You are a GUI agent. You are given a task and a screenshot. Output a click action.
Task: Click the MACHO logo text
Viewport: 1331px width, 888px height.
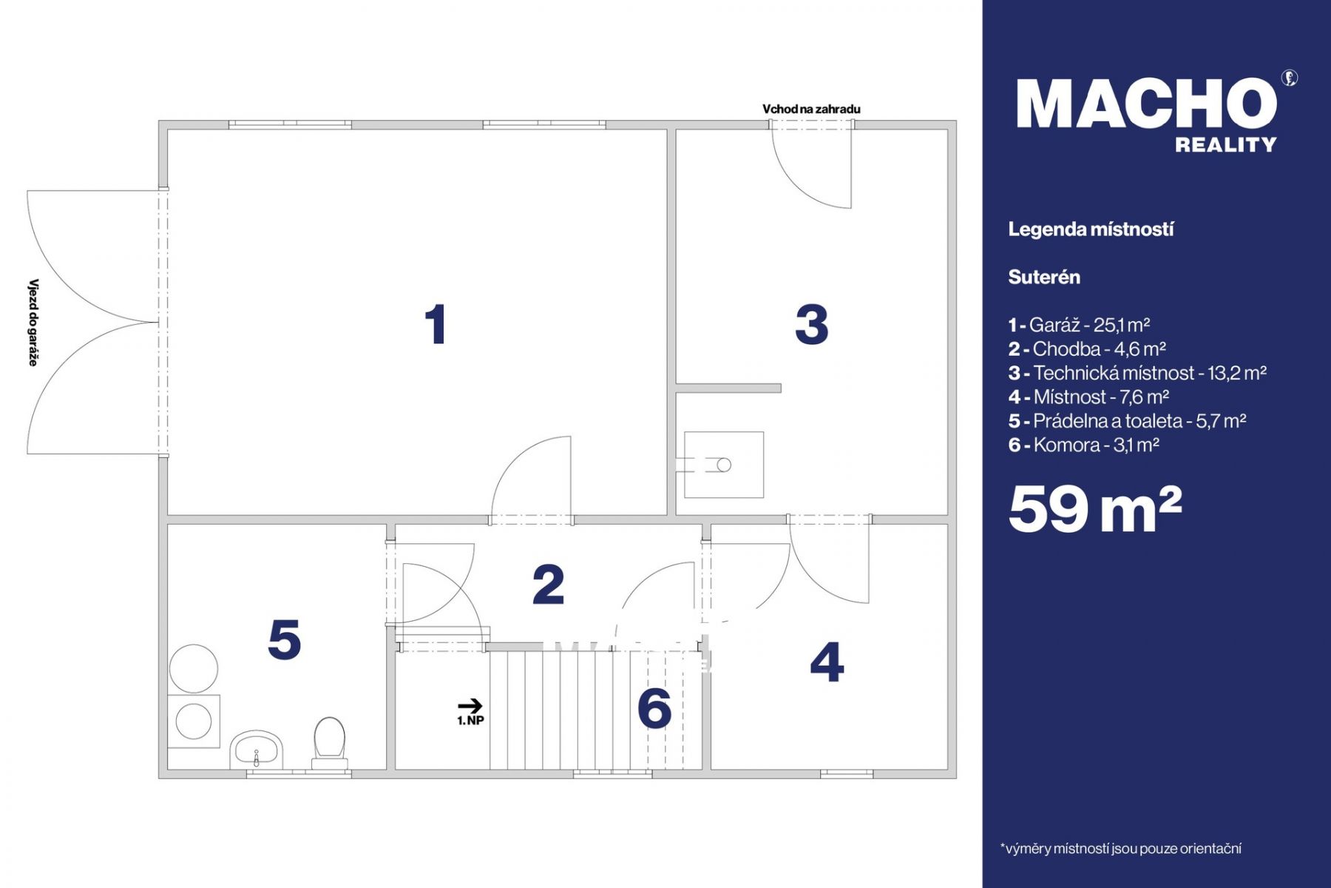coord(1147,104)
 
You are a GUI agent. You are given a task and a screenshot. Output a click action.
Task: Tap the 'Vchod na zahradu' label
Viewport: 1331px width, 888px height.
coord(811,109)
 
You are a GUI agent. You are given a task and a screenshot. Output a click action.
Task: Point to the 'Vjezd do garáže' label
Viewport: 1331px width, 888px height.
coord(33,322)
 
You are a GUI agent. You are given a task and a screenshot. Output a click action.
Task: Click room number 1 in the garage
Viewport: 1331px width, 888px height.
coord(436,324)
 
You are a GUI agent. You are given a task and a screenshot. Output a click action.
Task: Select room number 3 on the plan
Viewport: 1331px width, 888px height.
coord(811,324)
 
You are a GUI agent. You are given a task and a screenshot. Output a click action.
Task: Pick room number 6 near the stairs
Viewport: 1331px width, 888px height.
coord(654,708)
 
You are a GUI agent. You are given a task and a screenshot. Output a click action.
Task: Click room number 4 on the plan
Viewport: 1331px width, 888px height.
coord(827,662)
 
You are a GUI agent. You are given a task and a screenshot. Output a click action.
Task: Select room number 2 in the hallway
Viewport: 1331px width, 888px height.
coord(549,585)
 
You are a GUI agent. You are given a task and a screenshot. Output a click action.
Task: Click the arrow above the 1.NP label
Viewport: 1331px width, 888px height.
coord(470,706)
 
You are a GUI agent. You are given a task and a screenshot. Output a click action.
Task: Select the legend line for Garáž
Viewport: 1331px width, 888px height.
coord(1079,325)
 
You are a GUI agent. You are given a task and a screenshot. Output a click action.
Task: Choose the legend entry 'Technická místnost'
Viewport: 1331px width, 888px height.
coord(1137,373)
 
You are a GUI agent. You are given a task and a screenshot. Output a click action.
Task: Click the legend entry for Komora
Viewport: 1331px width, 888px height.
coord(1083,445)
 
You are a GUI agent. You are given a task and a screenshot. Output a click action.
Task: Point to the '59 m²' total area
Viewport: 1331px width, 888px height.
coord(1095,509)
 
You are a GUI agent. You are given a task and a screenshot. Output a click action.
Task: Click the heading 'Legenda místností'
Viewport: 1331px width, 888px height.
coord(1091,229)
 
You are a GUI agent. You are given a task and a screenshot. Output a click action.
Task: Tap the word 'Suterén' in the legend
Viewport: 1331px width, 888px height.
coord(1044,277)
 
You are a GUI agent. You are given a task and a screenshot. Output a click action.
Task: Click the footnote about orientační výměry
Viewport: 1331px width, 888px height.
coord(1120,849)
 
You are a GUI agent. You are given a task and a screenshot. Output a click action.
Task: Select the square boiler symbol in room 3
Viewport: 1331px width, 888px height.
coord(724,465)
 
